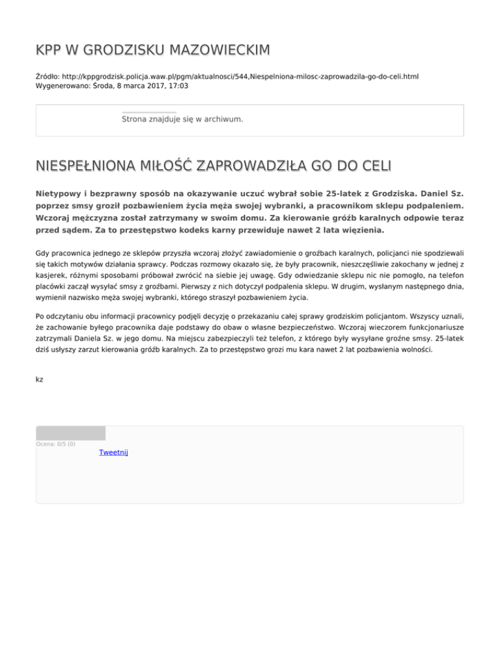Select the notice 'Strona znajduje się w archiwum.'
click(182, 119)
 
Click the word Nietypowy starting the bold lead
click(59, 194)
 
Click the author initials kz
click(40, 379)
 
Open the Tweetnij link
click(113, 452)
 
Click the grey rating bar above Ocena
click(70, 433)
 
